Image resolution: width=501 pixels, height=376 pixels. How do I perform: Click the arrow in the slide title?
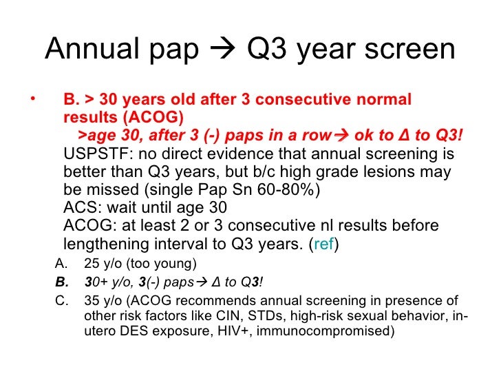(x=223, y=49)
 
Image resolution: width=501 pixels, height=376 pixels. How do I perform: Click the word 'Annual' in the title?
(x=92, y=48)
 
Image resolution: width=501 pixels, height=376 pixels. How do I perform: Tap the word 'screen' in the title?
(x=410, y=50)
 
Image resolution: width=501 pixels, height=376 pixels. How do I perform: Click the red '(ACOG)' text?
(x=153, y=117)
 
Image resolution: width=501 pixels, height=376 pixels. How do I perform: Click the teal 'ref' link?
(x=323, y=244)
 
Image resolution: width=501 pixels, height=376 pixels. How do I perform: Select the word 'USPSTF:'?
(x=98, y=154)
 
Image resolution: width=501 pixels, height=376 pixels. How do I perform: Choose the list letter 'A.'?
(x=61, y=264)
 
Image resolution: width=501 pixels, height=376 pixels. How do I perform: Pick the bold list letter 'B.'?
(x=62, y=282)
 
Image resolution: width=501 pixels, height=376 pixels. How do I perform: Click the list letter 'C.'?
(x=62, y=300)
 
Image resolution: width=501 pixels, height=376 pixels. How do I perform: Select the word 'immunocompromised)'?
(x=326, y=331)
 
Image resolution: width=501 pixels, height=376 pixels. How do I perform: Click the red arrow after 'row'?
(x=342, y=136)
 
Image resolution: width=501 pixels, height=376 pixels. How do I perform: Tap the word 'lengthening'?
(x=107, y=244)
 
